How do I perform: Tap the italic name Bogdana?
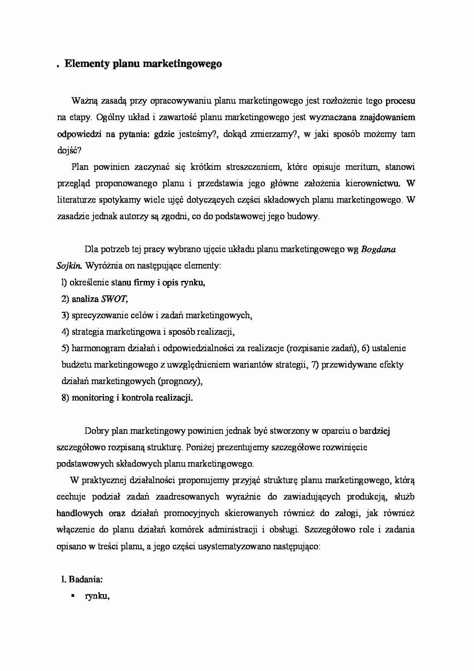coord(378,250)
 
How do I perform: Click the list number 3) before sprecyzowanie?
coord(65,316)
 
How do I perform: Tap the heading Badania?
coord(85,580)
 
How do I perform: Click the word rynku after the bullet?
coord(97,596)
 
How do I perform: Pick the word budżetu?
coord(76,365)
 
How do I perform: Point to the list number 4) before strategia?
coord(65,332)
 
